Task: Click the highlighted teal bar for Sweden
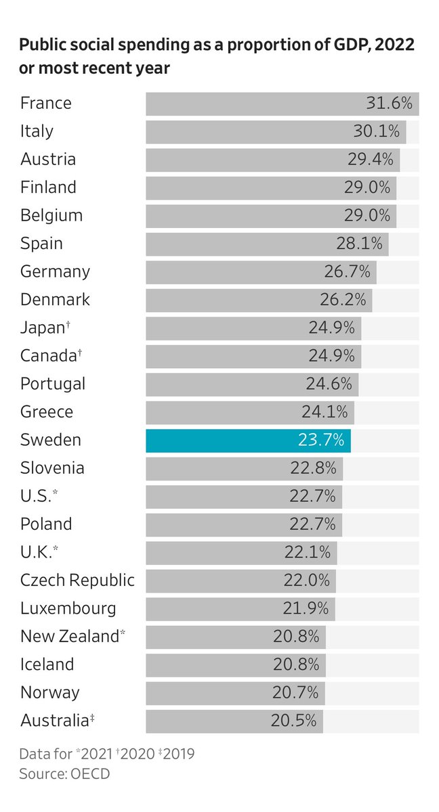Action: tap(248, 441)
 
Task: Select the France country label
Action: tap(45, 103)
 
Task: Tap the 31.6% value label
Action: tap(389, 103)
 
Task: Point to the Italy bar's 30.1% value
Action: tap(377, 131)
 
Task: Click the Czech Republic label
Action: tap(77, 580)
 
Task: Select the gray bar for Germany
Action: tap(262, 272)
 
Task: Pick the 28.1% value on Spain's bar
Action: tap(359, 243)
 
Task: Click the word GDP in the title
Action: tap(350, 45)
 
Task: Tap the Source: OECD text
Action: tap(64, 773)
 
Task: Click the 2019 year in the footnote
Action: tap(178, 754)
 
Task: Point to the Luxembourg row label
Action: tap(68, 608)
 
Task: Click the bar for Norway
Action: tap(236, 693)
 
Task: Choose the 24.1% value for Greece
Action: tap(325, 412)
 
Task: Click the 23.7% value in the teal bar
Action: tap(321, 440)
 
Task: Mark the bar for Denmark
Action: tap(259, 300)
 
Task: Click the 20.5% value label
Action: tap(293, 720)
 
